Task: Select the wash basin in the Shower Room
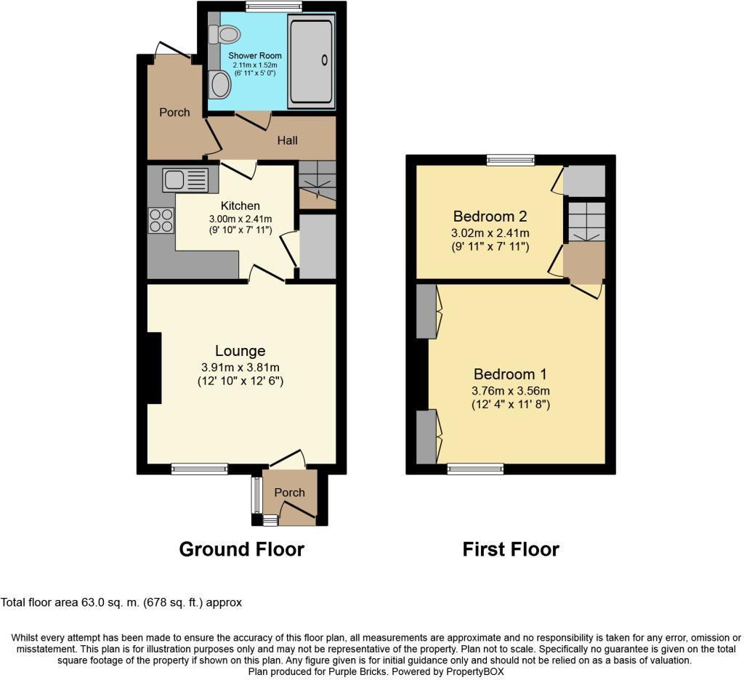click(219, 86)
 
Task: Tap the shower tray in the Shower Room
click(311, 62)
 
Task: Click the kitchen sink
click(185, 179)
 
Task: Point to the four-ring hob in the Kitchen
click(161, 220)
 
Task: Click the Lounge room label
click(240, 351)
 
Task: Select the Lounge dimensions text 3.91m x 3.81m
click(240, 367)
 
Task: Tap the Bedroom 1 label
click(509, 374)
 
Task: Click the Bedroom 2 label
click(490, 216)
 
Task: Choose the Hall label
click(287, 140)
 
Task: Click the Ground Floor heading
click(241, 549)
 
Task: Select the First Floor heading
click(511, 549)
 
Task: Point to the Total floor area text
click(121, 602)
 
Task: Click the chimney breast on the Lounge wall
click(153, 368)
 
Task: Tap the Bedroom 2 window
click(511, 160)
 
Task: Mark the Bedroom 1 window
click(476, 469)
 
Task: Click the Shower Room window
click(273, 7)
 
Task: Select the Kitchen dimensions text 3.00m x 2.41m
click(240, 219)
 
